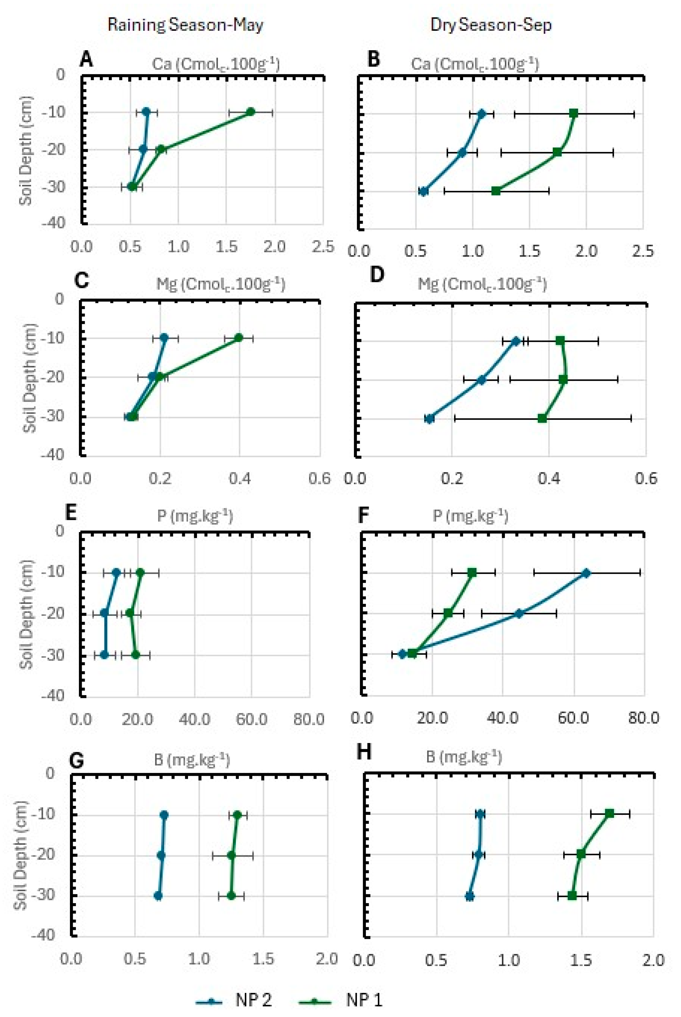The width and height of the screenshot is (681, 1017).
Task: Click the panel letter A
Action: click(x=86, y=60)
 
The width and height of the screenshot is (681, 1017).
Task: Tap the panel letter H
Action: click(x=364, y=751)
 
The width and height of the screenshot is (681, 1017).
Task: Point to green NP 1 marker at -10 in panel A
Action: click(x=251, y=112)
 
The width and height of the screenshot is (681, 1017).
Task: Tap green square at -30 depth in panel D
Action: click(x=542, y=418)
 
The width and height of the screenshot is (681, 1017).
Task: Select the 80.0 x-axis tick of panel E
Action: click(x=309, y=719)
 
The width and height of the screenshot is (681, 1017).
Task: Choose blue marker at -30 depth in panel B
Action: click(x=423, y=191)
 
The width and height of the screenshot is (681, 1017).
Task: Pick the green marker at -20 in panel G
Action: click(x=232, y=855)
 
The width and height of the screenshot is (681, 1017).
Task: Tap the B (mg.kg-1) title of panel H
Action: click(x=464, y=757)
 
